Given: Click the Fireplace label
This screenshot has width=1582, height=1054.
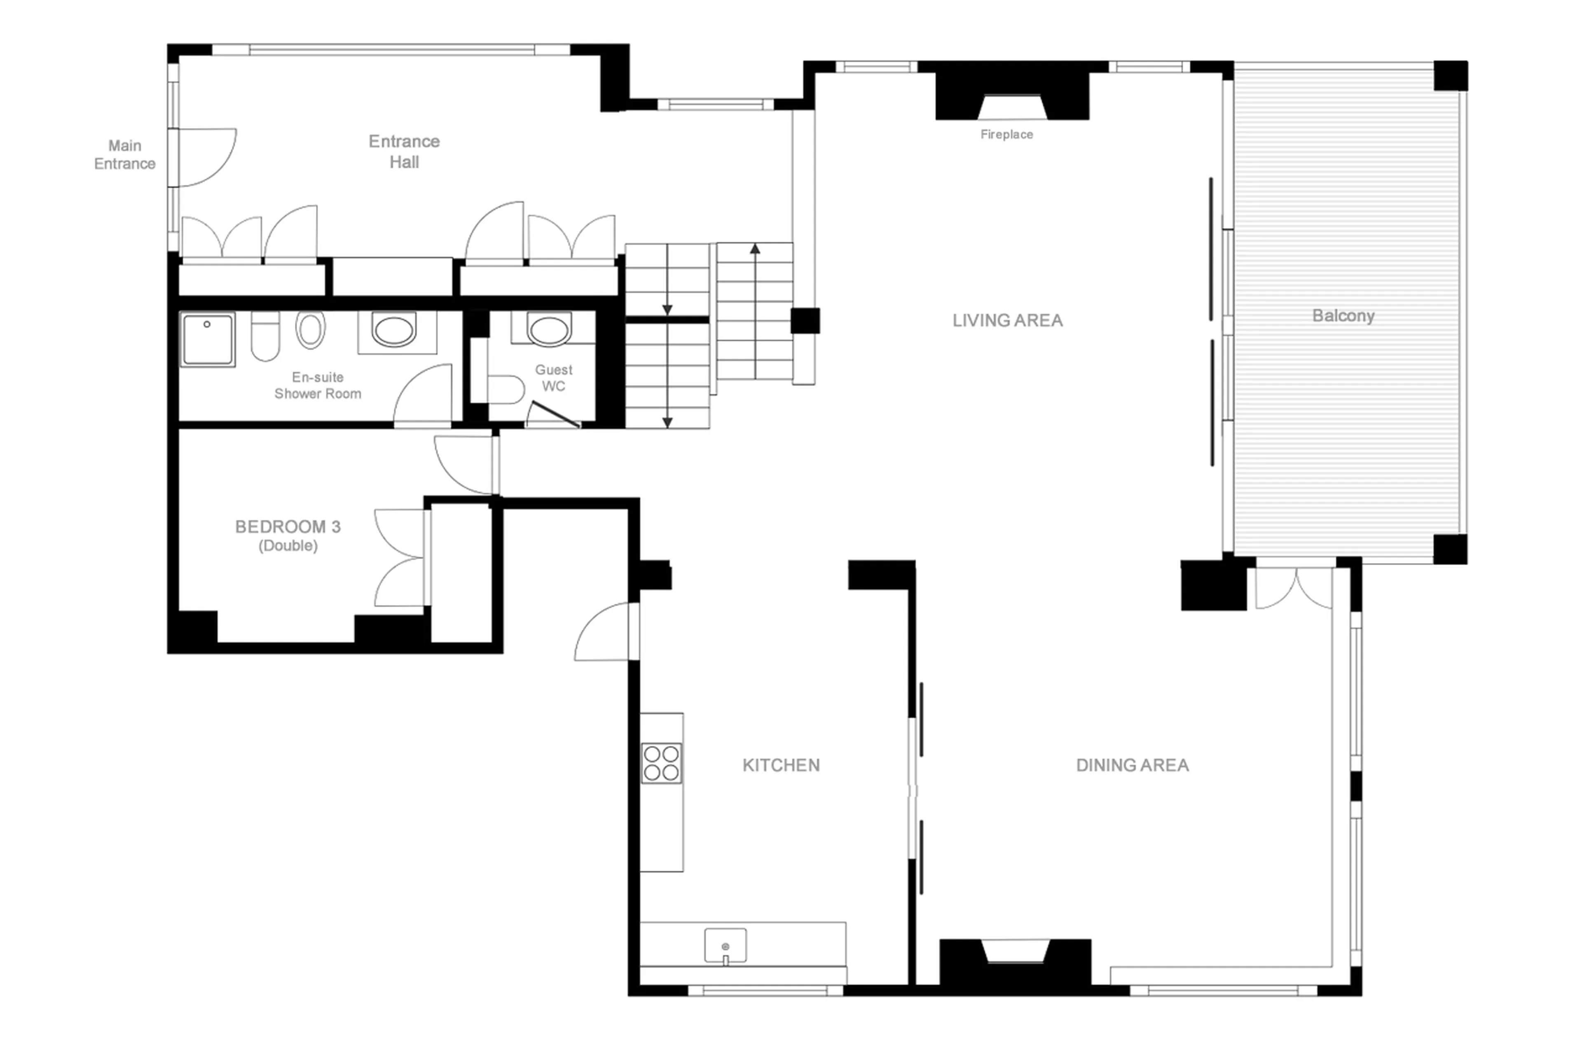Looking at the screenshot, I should (1006, 134).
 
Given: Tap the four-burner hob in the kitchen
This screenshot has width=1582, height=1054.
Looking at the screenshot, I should (661, 763).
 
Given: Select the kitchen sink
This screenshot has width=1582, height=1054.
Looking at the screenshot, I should (725, 945).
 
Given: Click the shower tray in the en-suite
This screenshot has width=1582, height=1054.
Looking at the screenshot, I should (207, 339).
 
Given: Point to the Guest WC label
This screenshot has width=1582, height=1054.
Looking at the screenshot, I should (553, 378).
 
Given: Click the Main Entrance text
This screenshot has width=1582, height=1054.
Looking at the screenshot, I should (124, 154).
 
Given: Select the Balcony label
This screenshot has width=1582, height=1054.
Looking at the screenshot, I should (1343, 316).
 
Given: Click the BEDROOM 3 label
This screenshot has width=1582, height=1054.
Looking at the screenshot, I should (288, 527).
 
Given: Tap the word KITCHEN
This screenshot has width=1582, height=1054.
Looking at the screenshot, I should (781, 765).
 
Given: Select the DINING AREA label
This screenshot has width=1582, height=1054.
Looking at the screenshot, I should (1132, 765).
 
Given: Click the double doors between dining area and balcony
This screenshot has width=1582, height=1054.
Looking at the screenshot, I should (1293, 588).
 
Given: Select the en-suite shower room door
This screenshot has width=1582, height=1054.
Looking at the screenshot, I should (424, 397).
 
